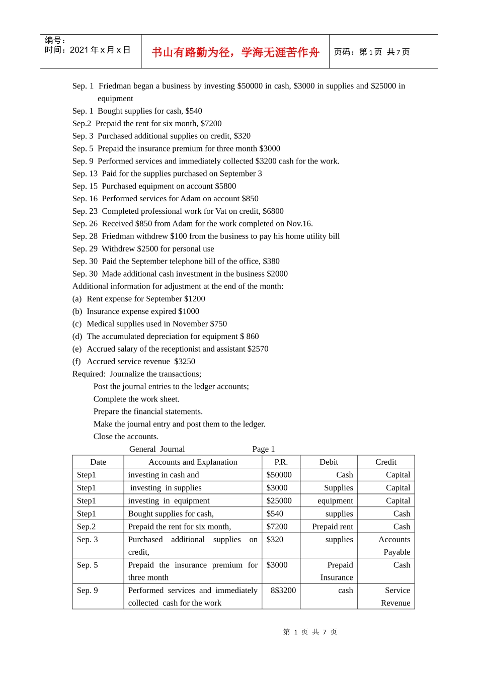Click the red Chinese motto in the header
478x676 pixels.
(235, 52)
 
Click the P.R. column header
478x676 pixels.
(281, 462)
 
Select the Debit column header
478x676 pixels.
(329, 462)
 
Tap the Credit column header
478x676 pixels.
(386, 462)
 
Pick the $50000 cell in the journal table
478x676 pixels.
(279, 475)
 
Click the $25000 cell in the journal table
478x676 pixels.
(279, 501)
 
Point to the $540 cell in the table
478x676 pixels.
(275, 514)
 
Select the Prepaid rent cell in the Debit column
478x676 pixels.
(333, 527)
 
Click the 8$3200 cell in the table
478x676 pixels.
(283, 590)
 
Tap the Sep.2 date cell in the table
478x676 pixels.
(86, 527)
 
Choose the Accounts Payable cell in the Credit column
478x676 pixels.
(395, 546)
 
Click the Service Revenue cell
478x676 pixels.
(396, 597)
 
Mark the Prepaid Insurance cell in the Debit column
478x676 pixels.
(337, 571)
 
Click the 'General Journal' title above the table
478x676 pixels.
(157, 449)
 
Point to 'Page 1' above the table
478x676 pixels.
(264, 449)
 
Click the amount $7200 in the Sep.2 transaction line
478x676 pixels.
(211, 124)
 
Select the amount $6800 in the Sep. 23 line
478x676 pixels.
(273, 211)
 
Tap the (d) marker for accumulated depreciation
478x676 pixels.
(77, 336)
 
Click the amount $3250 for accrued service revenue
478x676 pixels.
(185, 362)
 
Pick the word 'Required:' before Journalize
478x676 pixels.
(89, 374)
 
